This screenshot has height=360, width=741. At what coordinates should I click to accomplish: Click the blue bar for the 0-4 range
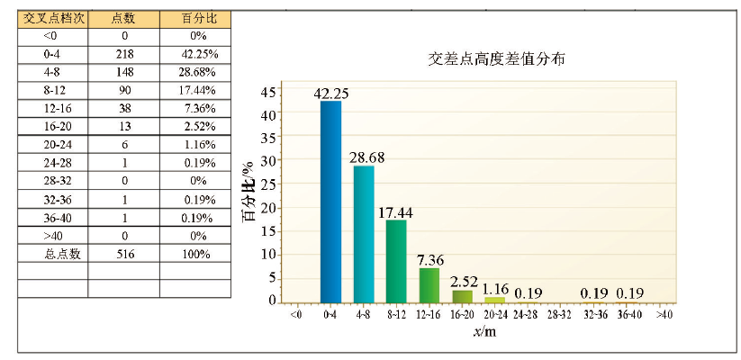click(330, 202)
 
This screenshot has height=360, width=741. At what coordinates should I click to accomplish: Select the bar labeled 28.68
click(364, 234)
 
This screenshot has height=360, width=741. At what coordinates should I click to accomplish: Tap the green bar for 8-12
click(396, 261)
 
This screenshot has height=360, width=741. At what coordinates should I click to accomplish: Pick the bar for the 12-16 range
click(429, 284)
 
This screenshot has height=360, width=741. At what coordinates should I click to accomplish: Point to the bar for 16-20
click(462, 295)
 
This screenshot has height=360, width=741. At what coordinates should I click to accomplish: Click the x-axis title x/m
click(483, 333)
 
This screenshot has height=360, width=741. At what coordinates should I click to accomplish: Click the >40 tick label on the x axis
click(664, 314)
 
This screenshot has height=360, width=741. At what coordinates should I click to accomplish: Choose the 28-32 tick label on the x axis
click(559, 314)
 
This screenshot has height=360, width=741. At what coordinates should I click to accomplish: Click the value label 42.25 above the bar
click(330, 93)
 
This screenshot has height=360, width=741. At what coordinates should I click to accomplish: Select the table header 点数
click(123, 18)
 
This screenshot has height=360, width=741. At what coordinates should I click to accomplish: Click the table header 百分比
click(195, 18)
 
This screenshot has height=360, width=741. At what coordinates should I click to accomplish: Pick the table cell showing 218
click(123, 54)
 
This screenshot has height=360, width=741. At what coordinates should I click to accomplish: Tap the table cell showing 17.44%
click(195, 90)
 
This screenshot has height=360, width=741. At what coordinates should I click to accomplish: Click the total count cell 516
click(123, 254)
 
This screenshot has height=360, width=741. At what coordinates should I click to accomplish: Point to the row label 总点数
click(53, 254)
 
